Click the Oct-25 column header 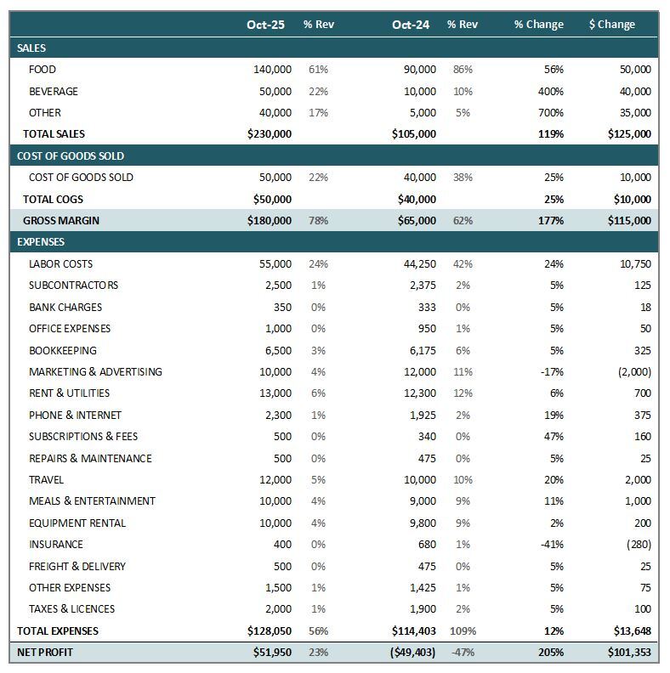265,25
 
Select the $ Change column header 611,25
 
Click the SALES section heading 31,48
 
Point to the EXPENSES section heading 41,242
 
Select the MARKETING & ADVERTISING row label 95,372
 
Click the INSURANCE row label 56,545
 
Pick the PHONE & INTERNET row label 75,416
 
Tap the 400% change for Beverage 550,92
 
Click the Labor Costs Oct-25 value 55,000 275,264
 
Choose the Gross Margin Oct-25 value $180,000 269,221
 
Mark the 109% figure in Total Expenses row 463,631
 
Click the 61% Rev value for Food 318,70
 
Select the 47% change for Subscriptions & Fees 553,437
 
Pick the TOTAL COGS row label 52,200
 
